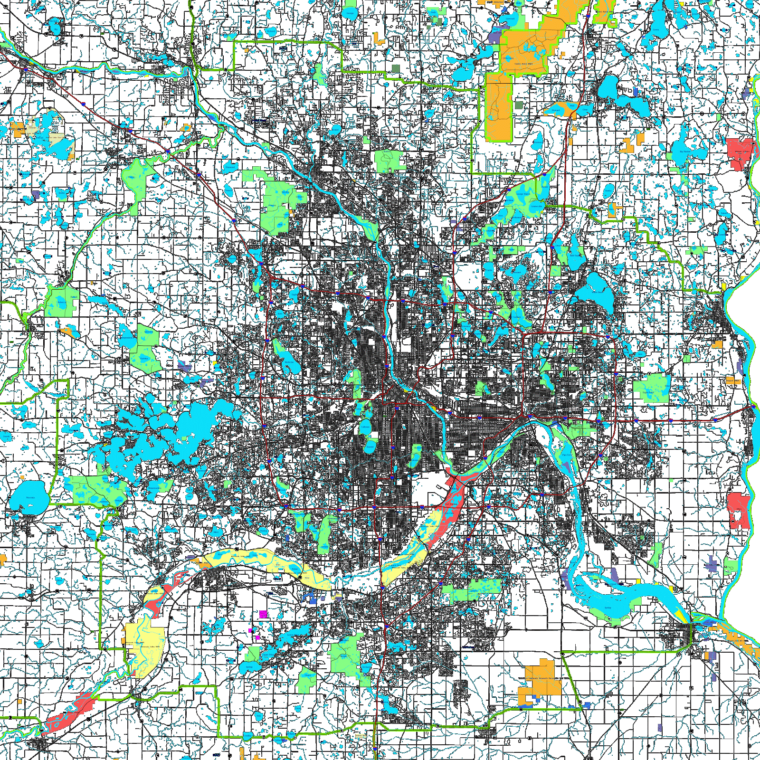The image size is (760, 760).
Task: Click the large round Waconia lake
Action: point(29,497)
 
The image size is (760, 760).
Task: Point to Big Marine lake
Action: point(685,152)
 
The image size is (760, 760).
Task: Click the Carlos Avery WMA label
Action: point(523,63)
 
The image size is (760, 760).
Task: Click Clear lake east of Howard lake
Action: point(585,110)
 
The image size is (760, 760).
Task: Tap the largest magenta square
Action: point(263,614)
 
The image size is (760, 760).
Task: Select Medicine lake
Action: point(288,362)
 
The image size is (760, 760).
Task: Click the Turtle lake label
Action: point(489,270)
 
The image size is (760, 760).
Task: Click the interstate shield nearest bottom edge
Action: point(375,748)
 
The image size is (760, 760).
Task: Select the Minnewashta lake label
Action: point(153,488)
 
